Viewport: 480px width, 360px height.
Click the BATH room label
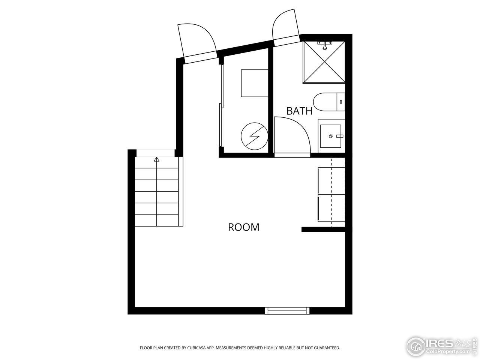299,111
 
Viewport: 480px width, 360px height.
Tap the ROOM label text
244,227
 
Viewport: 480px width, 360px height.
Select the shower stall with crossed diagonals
324,62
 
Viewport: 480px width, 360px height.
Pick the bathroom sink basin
331,136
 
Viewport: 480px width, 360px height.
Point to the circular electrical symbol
254,136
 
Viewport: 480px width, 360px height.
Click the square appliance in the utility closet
255,82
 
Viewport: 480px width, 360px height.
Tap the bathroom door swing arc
296,129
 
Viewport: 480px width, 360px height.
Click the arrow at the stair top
156,160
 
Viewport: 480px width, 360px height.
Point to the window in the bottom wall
287,310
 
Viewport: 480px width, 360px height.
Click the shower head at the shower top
325,46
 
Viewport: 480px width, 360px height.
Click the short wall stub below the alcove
323,229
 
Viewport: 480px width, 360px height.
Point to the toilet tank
341,102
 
